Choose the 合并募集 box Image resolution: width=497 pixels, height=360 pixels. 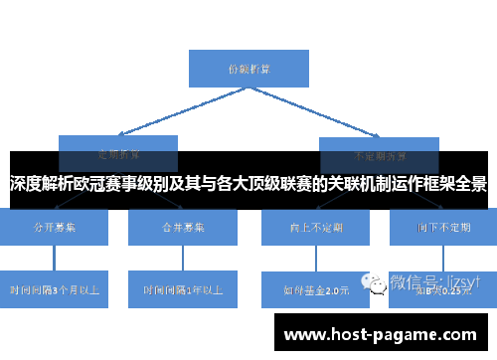click(x=183, y=228)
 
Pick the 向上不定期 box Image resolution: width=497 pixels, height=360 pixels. click(x=316, y=228)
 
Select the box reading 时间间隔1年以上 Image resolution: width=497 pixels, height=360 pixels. click(x=183, y=290)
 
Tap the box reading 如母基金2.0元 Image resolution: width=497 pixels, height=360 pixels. click(x=316, y=290)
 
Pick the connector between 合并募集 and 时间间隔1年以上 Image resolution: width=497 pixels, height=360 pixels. click(x=183, y=259)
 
